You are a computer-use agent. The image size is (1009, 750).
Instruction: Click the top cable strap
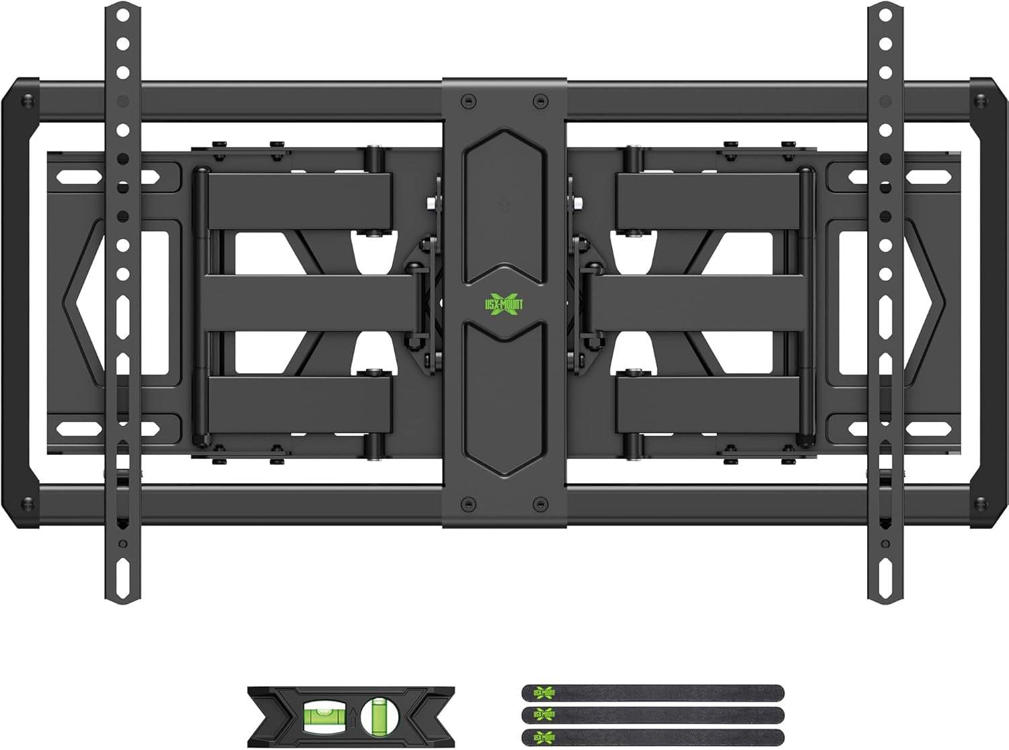652,694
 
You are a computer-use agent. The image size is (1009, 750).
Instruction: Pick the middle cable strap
652,714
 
